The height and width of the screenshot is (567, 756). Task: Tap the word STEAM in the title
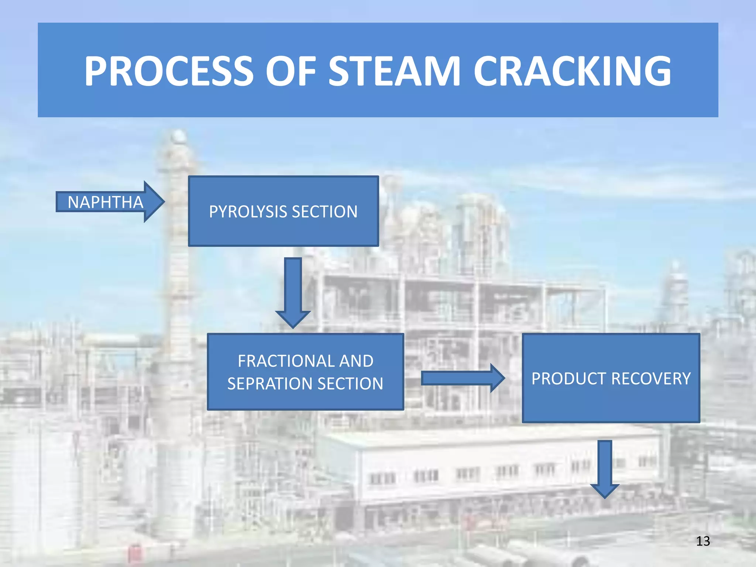(395, 71)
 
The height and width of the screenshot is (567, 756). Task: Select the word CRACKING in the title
(572, 71)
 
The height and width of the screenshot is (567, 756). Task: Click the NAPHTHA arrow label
(105, 202)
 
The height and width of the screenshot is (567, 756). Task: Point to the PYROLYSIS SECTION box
(283, 229)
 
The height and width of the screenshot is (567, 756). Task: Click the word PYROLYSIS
(248, 212)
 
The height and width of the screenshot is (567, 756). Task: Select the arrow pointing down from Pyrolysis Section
(293, 292)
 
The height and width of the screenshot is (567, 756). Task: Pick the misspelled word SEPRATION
(269, 384)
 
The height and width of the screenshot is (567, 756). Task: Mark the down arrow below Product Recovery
(605, 469)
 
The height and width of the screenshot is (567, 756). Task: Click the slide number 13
(703, 541)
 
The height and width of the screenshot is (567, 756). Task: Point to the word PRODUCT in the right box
(568, 379)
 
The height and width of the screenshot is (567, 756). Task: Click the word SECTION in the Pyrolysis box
(324, 212)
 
